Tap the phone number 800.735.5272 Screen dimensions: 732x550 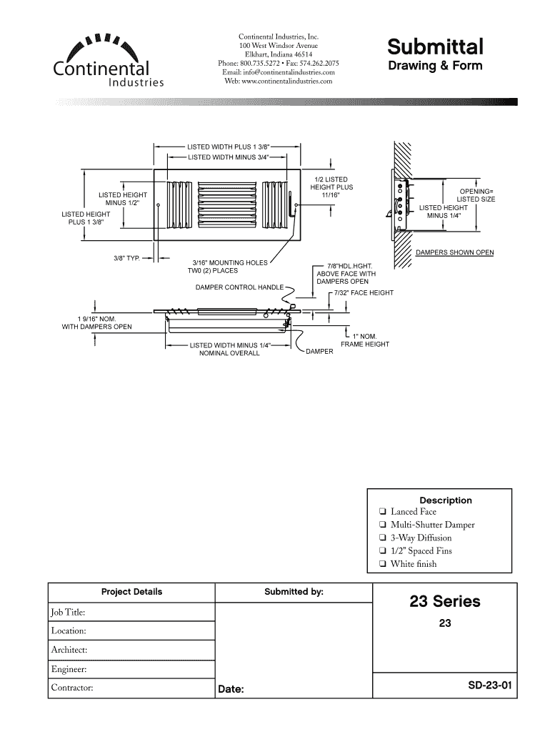coord(259,63)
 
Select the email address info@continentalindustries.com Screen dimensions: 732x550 coord(279,72)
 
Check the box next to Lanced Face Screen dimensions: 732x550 coord(384,512)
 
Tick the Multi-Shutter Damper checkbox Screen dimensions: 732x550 coord(384,525)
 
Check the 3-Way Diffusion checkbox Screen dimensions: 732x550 coord(384,538)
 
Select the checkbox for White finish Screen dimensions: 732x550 coord(384,564)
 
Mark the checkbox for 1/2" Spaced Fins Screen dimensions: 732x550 coord(384,551)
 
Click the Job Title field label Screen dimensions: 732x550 coord(69,613)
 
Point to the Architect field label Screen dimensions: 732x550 coord(69,650)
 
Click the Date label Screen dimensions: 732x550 coord(231,690)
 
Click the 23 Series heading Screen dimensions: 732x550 coord(444,602)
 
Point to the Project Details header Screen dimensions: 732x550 coord(131,592)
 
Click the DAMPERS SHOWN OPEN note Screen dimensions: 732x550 coord(454,252)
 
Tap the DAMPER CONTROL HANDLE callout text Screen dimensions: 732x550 coord(239,287)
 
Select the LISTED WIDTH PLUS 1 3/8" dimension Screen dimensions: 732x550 coord(229,146)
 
